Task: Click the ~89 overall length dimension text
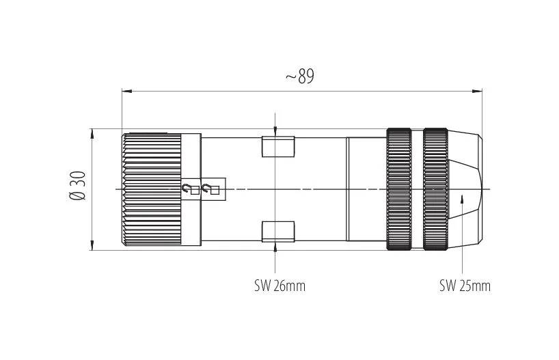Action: pyautogui.click(x=300, y=76)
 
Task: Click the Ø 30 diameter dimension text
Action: pyautogui.click(x=78, y=186)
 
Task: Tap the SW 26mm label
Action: pyautogui.click(x=280, y=286)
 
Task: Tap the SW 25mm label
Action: pyautogui.click(x=465, y=286)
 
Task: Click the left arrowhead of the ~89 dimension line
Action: pyautogui.click(x=127, y=92)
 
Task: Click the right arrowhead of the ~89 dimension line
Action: pyautogui.click(x=477, y=92)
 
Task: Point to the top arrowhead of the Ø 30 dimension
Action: pyautogui.click(x=92, y=134)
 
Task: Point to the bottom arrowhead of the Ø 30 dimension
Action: pyautogui.click(x=92, y=245)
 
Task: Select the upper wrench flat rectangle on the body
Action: pyautogui.click(x=278, y=146)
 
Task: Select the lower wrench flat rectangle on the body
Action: pyautogui.click(x=278, y=232)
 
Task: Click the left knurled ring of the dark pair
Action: pyautogui.click(x=399, y=189)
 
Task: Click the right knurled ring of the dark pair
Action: pyautogui.click(x=435, y=189)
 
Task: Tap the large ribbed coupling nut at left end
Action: pyautogui.click(x=152, y=189)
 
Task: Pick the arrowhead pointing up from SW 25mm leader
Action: pyautogui.click(x=462, y=199)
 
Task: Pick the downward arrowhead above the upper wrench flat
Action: pyautogui.click(x=275, y=132)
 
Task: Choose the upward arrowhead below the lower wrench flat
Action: pyautogui.click(x=275, y=247)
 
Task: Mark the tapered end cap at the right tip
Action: pyautogui.click(x=465, y=189)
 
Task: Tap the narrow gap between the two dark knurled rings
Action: pyautogui.click(x=418, y=189)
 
